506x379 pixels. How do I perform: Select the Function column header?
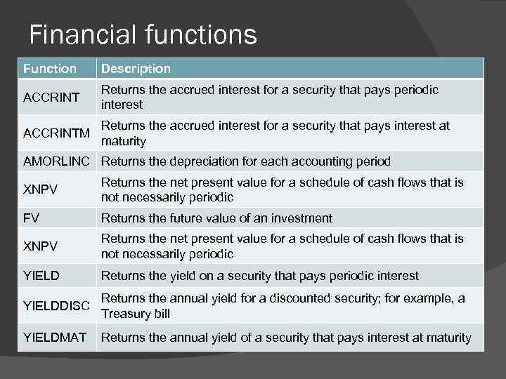click(50, 69)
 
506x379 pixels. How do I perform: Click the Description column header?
click(136, 69)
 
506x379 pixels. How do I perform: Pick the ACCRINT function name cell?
click(52, 97)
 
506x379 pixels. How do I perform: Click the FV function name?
click(32, 218)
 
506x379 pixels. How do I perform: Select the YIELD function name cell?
click(41, 276)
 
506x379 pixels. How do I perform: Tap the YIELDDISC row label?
click(56, 305)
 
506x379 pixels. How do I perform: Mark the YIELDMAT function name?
click(55, 338)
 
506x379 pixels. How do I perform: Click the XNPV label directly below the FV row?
click(40, 246)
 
